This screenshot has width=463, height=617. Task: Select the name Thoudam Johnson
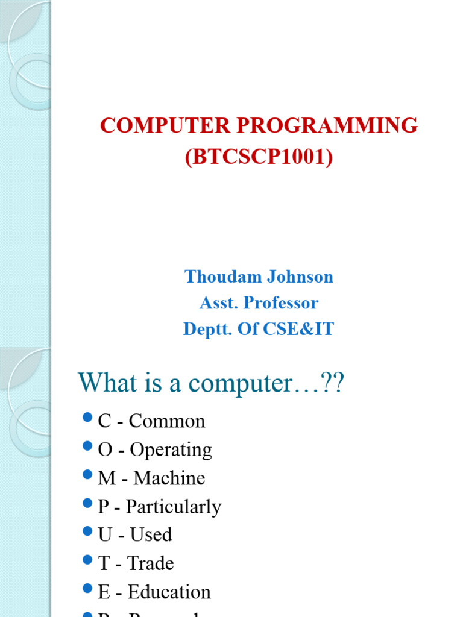point(259,277)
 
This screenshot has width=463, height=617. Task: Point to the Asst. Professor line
point(259,303)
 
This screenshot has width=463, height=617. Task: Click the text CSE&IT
point(304,330)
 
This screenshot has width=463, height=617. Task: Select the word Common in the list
point(167,421)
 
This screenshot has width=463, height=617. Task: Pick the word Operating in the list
point(171,450)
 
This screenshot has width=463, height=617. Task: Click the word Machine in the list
point(169,478)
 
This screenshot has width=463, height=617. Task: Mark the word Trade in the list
point(151,563)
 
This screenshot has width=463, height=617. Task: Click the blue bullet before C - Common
point(86,418)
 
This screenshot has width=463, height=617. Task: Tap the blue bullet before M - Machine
point(86,474)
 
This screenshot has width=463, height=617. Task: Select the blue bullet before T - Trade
point(86,560)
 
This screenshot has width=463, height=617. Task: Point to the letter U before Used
point(105,535)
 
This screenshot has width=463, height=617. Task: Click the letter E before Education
point(104,592)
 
